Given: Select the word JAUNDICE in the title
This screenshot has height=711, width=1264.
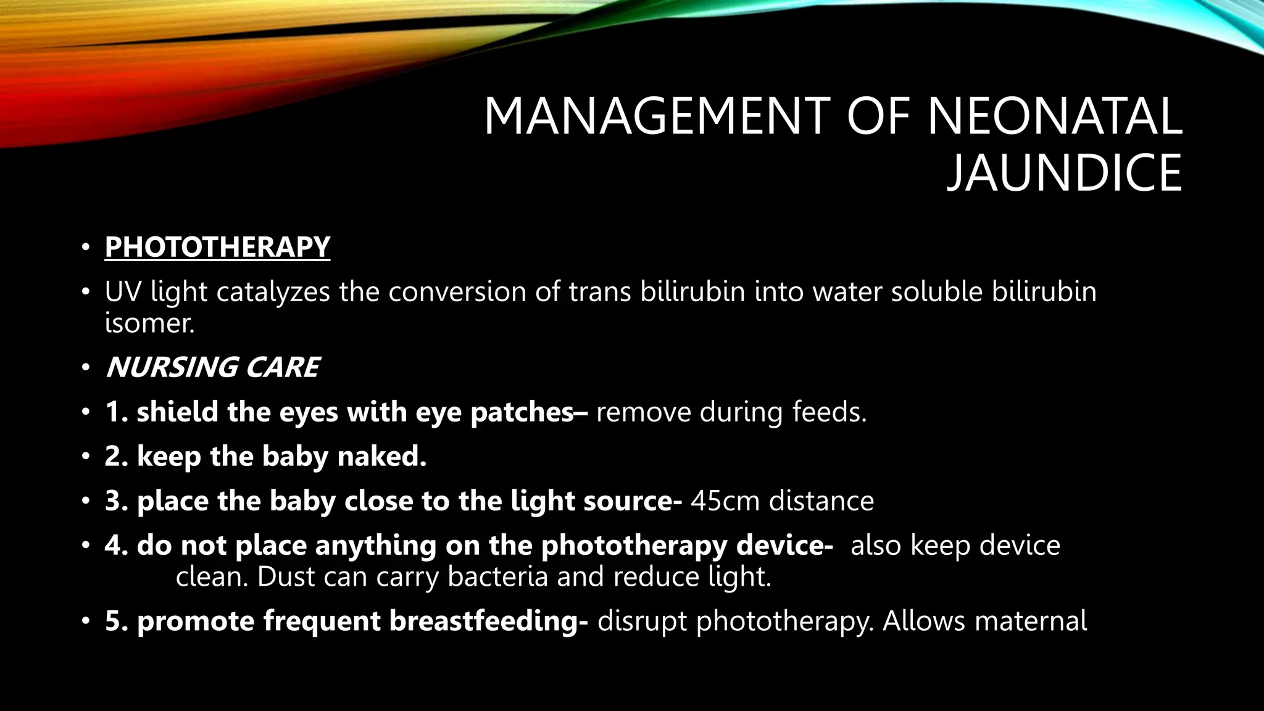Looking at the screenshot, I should (1064, 173).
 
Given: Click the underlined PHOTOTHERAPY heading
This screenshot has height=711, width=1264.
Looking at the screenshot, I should (217, 247).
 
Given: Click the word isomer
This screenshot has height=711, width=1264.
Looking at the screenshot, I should (149, 323).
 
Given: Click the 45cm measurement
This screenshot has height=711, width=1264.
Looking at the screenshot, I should (725, 501).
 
